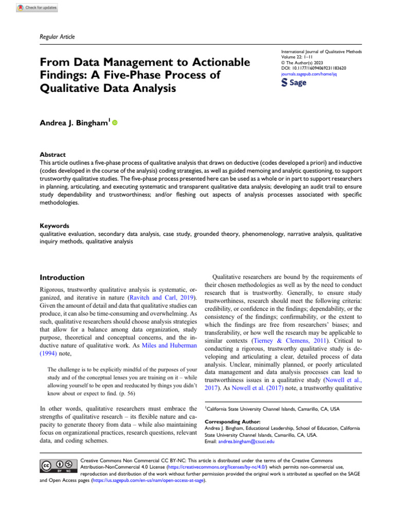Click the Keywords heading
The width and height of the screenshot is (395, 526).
tap(56, 226)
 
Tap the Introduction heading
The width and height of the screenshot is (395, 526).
tap(62, 277)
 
